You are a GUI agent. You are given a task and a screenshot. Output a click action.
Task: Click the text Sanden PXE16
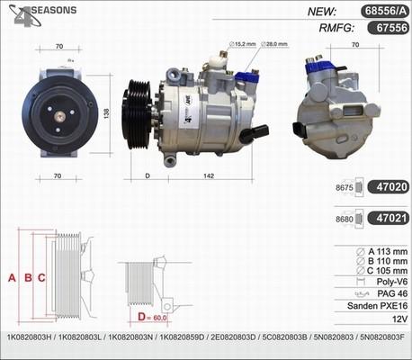(377, 306)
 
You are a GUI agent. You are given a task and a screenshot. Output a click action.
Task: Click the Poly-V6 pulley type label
(389, 281)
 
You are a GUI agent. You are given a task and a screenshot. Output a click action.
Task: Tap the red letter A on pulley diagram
(12, 278)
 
